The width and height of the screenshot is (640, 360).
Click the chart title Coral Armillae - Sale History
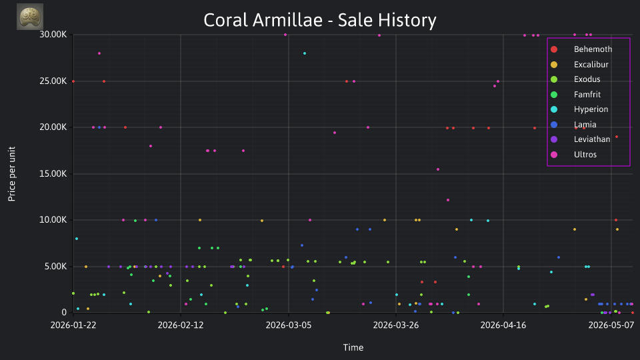point(320,20)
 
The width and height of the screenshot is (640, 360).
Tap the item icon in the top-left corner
point(30,17)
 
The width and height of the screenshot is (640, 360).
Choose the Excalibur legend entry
point(579,65)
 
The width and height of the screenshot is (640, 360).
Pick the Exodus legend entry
point(575,79)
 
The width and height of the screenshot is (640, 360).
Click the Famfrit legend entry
point(576,94)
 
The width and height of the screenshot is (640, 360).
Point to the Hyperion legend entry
point(579,109)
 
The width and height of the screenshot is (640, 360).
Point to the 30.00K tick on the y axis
point(53,35)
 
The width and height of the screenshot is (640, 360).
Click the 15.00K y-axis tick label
point(53,174)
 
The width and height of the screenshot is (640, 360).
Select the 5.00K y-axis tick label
point(55,267)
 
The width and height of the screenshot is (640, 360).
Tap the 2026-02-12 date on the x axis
point(181,325)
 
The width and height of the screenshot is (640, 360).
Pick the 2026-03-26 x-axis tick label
point(396,325)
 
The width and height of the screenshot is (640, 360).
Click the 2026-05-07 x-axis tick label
point(611,325)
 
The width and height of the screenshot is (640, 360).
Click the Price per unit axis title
point(12,174)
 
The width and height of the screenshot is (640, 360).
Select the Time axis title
point(353,347)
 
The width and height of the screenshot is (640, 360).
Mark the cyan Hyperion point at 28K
point(305,53)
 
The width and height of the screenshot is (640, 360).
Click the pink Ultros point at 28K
point(99,53)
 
